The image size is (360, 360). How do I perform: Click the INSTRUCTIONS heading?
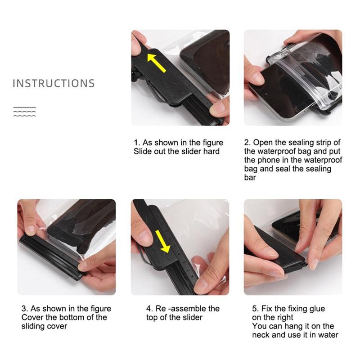54,83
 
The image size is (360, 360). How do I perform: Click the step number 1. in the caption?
137,143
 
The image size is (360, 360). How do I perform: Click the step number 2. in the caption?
248,143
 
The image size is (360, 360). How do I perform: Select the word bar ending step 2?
250,177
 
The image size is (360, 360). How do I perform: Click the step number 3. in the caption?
25,309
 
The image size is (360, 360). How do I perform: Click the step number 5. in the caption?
256,309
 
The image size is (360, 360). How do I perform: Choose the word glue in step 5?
316,309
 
